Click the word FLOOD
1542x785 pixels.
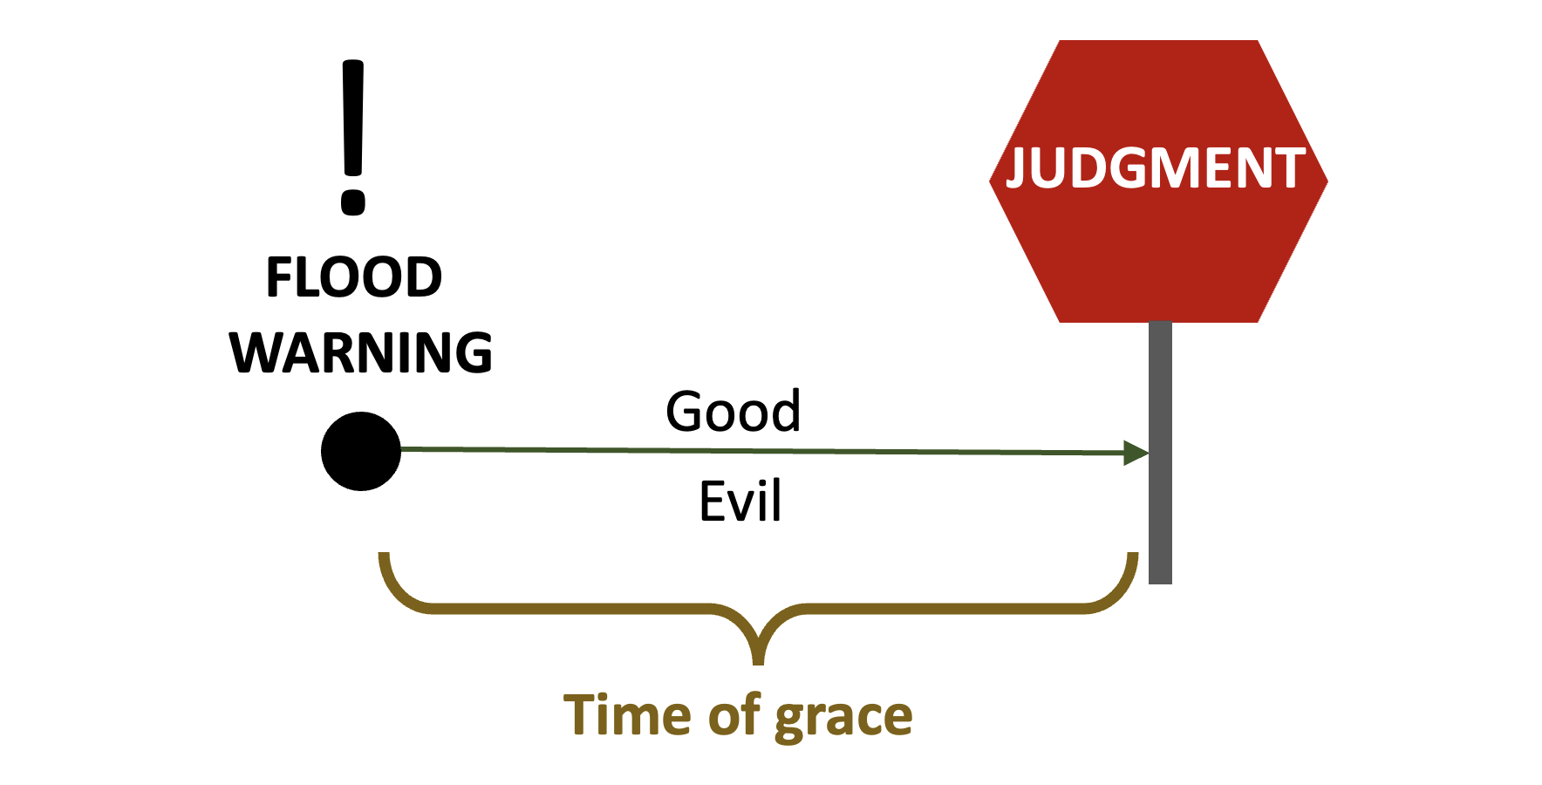[x=354, y=278]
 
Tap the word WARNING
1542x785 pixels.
[x=361, y=353]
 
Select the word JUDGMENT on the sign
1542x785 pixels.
[x=1156, y=168]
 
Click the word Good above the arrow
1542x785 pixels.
[x=733, y=412]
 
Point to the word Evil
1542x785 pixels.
[x=740, y=502]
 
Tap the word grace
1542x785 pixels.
[x=843, y=718]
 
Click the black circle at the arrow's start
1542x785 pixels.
[x=361, y=451]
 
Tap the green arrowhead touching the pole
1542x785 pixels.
[x=1136, y=453]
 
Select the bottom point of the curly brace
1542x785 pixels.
[x=759, y=658]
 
